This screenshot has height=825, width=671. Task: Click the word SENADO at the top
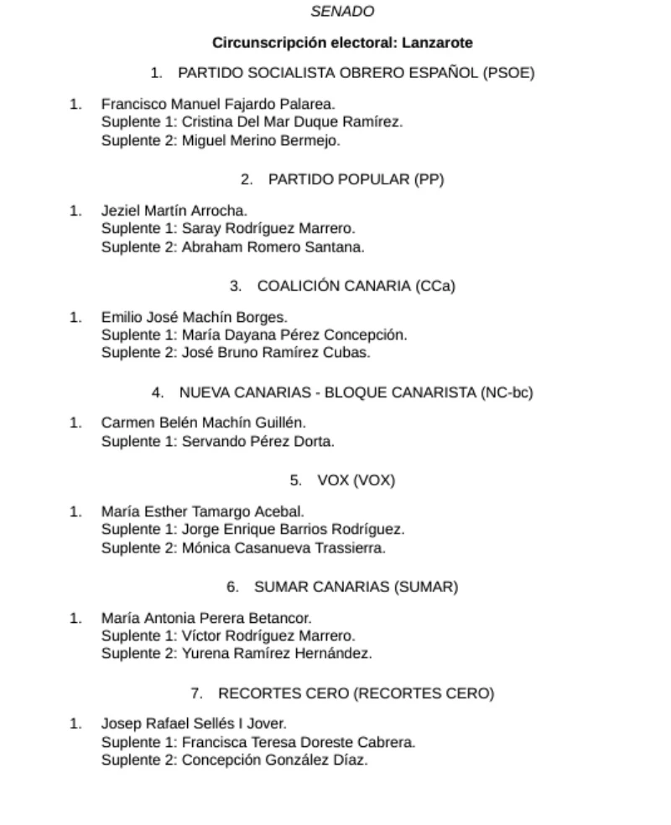342,12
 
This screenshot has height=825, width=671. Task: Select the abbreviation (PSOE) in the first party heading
508,72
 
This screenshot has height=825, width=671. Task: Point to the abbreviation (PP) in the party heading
429,179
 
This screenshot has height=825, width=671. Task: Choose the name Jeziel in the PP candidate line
120,210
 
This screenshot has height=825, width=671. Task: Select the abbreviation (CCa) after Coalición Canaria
434,285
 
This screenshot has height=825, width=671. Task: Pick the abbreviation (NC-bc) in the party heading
507,392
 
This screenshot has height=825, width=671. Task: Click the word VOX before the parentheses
332,480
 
